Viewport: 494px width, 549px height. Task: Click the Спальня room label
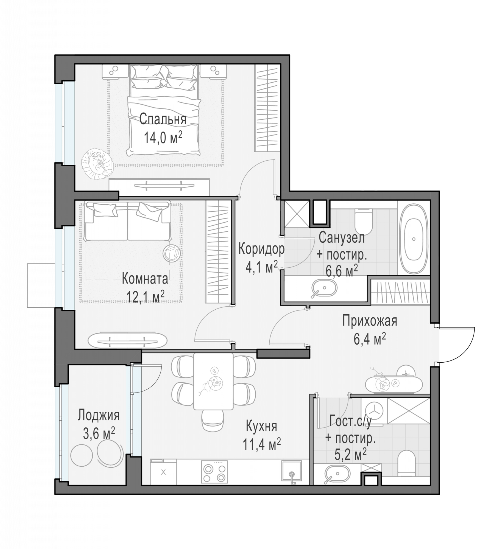[163, 120]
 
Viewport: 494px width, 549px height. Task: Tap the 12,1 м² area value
[145, 296]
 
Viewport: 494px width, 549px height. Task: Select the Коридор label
[261, 249]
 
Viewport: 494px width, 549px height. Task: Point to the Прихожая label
[370, 321]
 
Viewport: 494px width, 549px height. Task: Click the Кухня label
[261, 426]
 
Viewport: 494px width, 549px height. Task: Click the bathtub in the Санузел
[414, 239]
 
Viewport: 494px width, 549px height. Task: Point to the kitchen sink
[292, 471]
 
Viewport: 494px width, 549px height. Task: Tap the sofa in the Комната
[127, 221]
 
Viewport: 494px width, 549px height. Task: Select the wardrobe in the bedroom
[267, 108]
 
